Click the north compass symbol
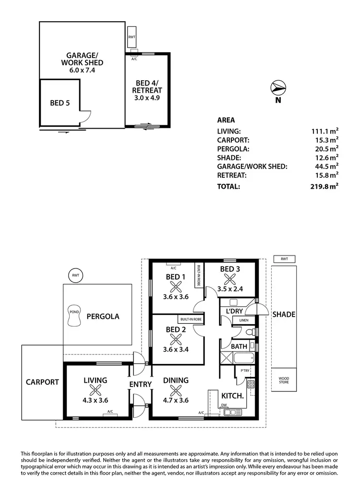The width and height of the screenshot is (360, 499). coord(278,88)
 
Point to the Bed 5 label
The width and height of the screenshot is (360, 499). coord(60,103)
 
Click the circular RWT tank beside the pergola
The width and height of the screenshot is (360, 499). coord(75,275)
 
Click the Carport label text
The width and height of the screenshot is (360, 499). coord(43,382)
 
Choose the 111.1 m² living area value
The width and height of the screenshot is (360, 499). coord(325,131)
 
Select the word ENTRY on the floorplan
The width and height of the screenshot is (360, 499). coord(140,384)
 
